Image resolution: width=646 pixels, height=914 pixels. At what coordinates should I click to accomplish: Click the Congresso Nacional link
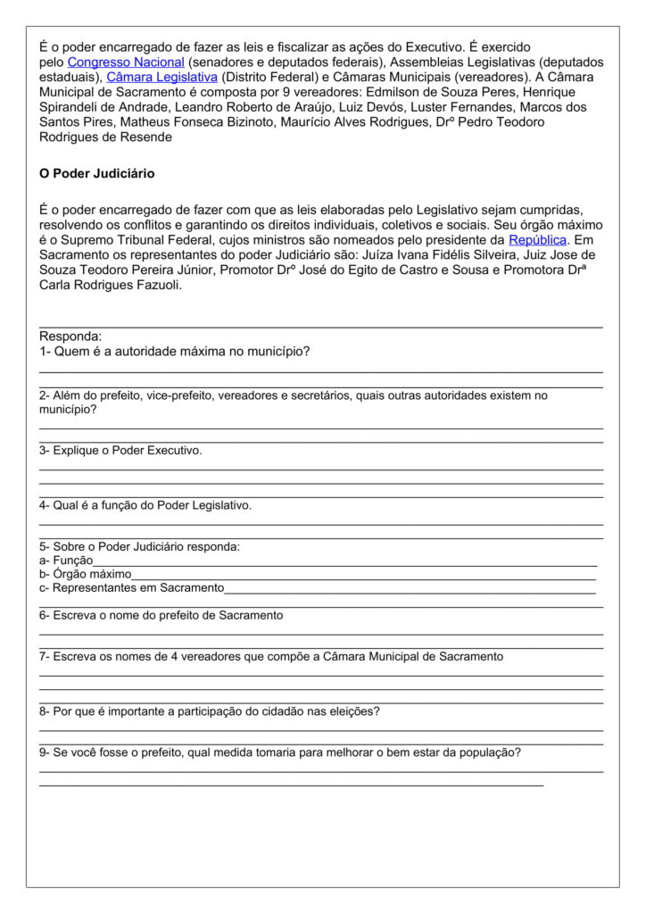[x=126, y=62]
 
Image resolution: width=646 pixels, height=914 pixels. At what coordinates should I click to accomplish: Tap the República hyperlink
[x=537, y=240]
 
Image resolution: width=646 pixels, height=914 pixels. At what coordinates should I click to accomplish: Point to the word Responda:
[x=70, y=337]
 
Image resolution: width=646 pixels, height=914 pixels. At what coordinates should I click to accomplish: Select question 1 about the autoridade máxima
[x=175, y=352]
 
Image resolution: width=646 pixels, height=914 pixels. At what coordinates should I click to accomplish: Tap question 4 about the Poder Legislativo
[x=145, y=505]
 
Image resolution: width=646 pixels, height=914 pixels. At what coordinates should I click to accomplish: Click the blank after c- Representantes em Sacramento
[x=410, y=589]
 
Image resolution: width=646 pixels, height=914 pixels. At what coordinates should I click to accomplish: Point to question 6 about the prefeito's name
[x=161, y=615]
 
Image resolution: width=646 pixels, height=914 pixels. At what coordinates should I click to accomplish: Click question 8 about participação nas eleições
[x=210, y=711]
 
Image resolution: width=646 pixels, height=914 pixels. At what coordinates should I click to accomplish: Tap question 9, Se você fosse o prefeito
[x=280, y=752]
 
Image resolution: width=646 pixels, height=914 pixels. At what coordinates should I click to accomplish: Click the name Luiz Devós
[x=376, y=106]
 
